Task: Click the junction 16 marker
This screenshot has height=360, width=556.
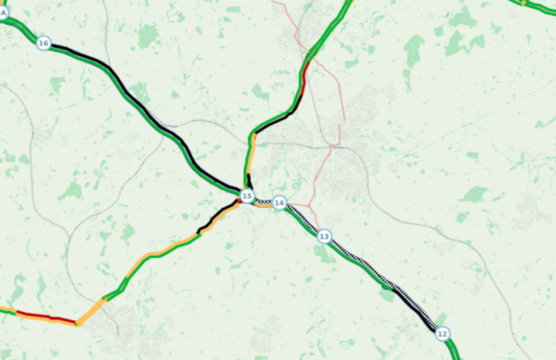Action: tap(43, 43)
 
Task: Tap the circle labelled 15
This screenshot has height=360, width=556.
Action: tap(246, 196)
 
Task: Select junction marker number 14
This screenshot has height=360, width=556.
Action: tap(279, 203)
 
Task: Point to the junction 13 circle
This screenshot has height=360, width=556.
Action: tap(323, 236)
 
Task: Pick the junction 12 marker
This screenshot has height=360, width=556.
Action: tap(443, 333)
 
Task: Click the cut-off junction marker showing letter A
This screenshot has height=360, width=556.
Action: tap(2, 12)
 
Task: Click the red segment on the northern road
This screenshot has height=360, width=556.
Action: tap(304, 79)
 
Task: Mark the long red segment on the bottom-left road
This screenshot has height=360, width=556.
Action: tap(45, 317)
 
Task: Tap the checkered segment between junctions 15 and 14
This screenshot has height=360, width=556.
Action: tap(263, 202)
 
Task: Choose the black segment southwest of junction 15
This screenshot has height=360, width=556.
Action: tap(218, 216)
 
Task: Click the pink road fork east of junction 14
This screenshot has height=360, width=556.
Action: tap(310, 203)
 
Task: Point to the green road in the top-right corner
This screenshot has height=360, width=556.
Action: tap(536, 7)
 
